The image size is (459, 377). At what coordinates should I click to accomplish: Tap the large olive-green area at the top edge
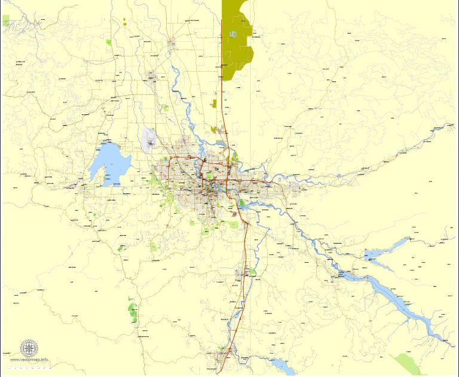236,42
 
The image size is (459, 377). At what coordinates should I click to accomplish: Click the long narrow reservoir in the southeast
394,299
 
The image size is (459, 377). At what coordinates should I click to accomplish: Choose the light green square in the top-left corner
5,21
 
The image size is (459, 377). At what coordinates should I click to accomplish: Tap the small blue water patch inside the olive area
233,34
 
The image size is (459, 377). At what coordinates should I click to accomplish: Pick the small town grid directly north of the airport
151,76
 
